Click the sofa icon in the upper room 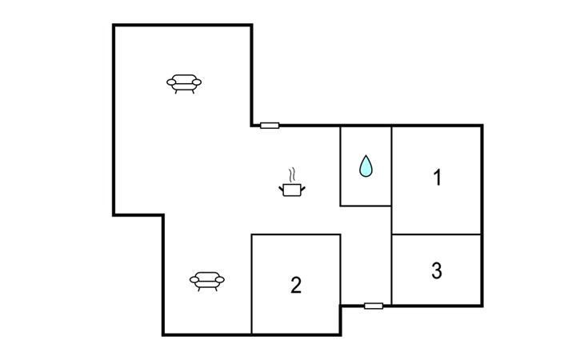point(184,83)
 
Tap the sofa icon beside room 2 point(207,279)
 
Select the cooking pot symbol point(292,189)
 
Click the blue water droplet point(366,166)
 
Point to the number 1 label point(437,178)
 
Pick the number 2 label point(296,285)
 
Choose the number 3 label point(436,271)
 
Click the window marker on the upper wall point(270,125)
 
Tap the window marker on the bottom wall point(373,306)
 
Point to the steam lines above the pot point(293,174)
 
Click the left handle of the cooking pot point(281,188)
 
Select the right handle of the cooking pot point(303,188)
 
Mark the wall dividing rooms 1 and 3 point(436,234)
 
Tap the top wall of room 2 point(296,234)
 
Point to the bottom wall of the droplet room point(366,206)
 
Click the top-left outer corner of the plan point(114,26)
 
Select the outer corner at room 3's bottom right point(482,305)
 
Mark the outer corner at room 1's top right point(482,126)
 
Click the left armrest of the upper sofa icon point(171,82)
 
